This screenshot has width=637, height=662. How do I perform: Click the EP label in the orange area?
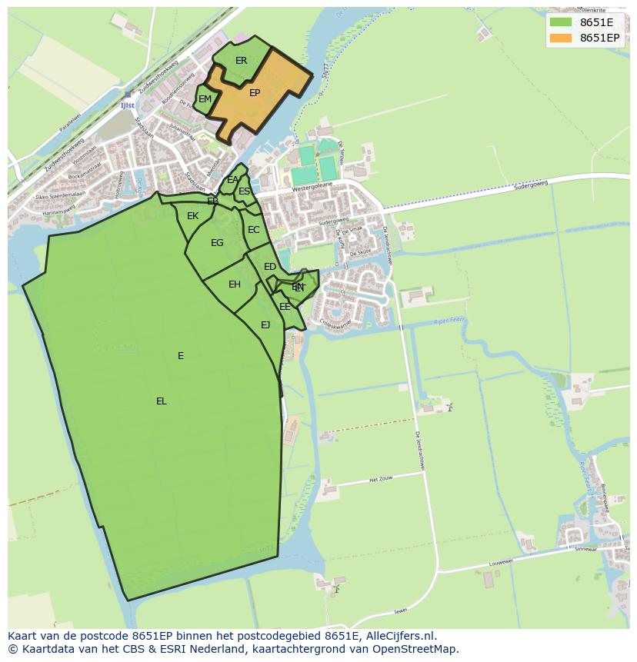[255, 93]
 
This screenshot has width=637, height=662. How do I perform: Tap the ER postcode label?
[242, 61]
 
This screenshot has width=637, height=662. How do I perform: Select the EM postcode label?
[205, 99]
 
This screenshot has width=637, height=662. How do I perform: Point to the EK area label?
[192, 216]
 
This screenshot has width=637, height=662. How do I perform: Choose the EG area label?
[217, 243]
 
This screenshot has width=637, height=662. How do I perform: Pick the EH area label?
[235, 284]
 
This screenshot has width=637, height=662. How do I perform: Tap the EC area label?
[253, 230]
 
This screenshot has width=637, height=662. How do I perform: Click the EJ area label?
[265, 325]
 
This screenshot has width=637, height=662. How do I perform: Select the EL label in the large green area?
[162, 401]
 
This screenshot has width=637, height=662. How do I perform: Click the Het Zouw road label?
[382, 479]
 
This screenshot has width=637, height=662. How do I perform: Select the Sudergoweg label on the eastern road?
[532, 185]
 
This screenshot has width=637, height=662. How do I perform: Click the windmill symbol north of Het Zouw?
[450, 407]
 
